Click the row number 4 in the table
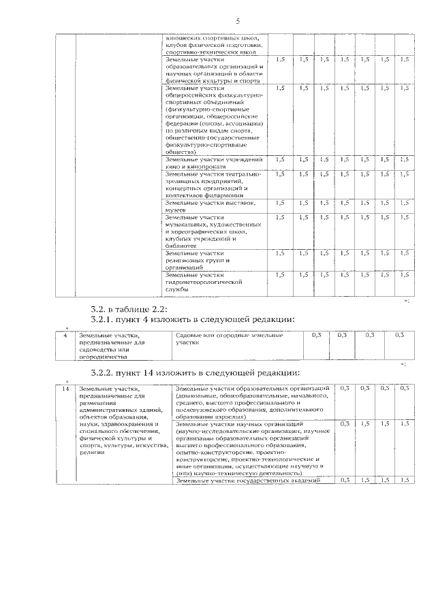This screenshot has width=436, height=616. click(x=65, y=335)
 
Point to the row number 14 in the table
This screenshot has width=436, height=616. click(x=65, y=388)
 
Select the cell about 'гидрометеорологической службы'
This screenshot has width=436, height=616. click(x=204, y=281)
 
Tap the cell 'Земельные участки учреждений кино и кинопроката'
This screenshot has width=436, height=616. click(x=213, y=162)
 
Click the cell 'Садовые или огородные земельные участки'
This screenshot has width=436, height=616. click(x=228, y=339)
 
